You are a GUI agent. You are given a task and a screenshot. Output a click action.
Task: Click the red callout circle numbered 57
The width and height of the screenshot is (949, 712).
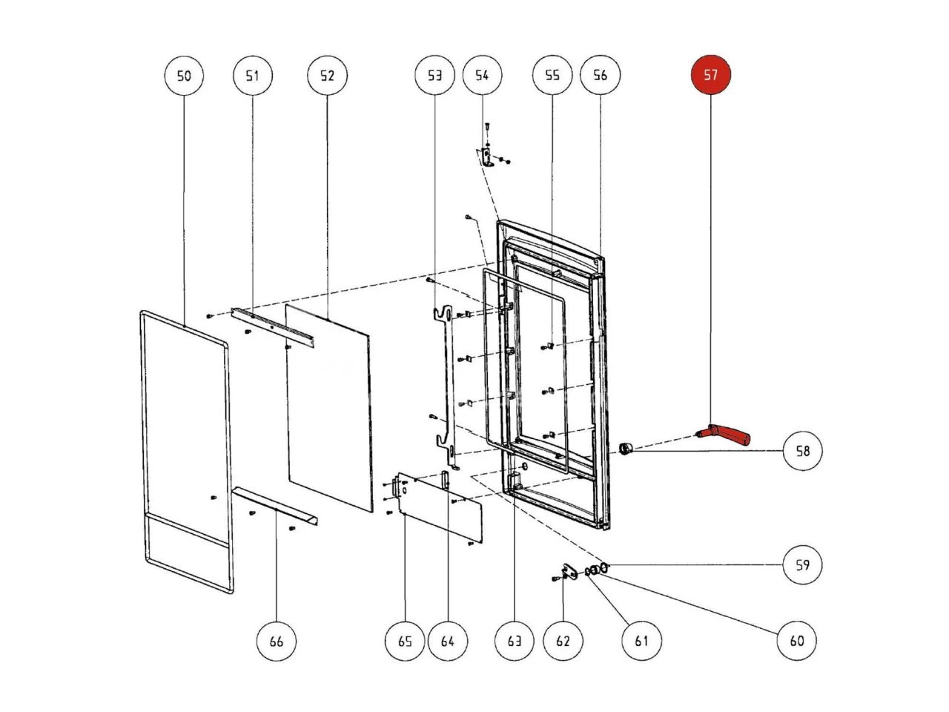pyautogui.click(x=710, y=75)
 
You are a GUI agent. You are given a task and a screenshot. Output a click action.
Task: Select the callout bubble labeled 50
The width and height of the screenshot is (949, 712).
pyautogui.click(x=183, y=75)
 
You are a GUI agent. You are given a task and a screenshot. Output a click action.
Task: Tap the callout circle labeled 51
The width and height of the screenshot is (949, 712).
pyautogui.click(x=253, y=75)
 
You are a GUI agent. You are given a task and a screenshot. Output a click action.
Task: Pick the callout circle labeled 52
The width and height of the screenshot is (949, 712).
pyautogui.click(x=327, y=75)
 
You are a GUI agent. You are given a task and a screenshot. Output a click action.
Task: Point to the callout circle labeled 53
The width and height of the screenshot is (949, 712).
pyautogui.click(x=434, y=75)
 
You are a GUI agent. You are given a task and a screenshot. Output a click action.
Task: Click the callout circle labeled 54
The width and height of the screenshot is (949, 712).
pyautogui.click(x=482, y=75)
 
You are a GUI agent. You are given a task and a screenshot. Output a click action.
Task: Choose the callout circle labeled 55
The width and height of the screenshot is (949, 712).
pyautogui.click(x=552, y=75)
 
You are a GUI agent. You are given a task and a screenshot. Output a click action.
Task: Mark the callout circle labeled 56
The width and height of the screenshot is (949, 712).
pyautogui.click(x=600, y=75)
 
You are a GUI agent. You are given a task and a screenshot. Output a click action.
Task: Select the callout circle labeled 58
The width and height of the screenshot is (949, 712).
pyautogui.click(x=803, y=450)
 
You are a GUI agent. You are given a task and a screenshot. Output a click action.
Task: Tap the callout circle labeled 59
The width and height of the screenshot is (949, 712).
pyautogui.click(x=803, y=565)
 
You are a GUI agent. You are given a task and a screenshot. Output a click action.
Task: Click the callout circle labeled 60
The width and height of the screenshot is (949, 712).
pyautogui.click(x=796, y=640)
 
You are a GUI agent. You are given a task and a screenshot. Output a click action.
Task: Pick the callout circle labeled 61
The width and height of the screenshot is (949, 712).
pyautogui.click(x=641, y=640)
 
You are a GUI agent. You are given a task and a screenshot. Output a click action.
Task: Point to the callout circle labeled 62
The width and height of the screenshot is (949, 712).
pyautogui.click(x=563, y=640)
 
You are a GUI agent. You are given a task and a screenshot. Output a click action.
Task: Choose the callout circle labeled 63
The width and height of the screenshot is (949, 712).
pyautogui.click(x=514, y=640)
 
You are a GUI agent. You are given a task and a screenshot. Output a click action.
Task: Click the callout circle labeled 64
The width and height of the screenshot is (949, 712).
pyautogui.click(x=447, y=640)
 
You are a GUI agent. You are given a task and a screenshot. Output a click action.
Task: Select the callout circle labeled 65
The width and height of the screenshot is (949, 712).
pyautogui.click(x=405, y=640)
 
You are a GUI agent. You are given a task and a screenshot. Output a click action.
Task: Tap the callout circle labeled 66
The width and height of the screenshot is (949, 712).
pyautogui.click(x=276, y=640)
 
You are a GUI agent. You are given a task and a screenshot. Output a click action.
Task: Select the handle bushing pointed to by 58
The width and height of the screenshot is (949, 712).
pyautogui.click(x=626, y=448)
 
